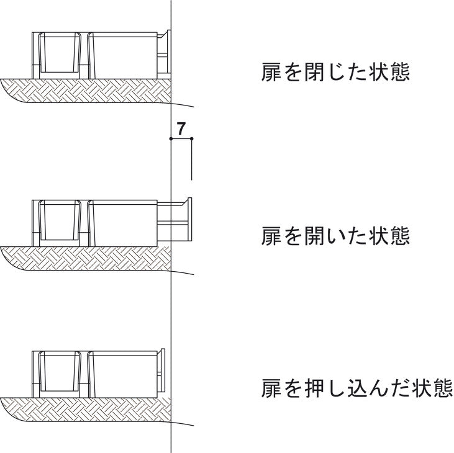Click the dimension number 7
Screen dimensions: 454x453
pos(181,129)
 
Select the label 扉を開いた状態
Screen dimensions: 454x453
pos(335,236)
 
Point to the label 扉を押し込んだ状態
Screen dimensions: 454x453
pos(356,388)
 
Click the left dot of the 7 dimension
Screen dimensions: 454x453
pos(171,139)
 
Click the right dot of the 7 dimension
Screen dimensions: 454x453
pos(192,139)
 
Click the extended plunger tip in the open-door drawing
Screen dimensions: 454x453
pos(190,219)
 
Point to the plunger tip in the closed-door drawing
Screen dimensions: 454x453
pos(169,52)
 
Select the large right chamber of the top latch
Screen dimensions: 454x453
pos(123,55)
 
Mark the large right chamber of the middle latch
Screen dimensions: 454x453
pos(123,223)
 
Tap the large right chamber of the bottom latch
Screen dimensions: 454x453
pos(123,374)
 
